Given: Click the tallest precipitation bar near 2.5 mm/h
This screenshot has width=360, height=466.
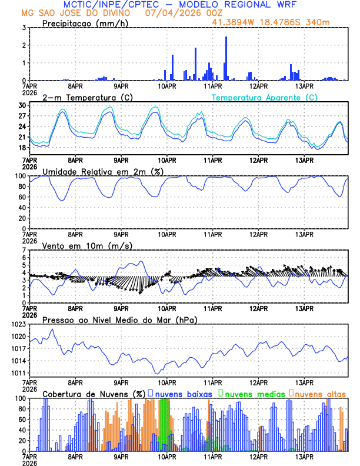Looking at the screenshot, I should click(x=226, y=59).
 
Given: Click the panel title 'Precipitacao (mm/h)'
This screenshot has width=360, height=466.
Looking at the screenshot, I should click(x=86, y=24).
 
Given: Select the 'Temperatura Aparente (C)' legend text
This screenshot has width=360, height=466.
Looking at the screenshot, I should click(x=264, y=97).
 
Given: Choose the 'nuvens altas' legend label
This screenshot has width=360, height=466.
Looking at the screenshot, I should click(x=320, y=394).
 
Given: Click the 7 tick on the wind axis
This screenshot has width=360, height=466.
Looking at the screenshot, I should click(x=25, y=250).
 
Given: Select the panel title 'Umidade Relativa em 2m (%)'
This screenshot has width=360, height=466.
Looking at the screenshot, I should click(x=103, y=171).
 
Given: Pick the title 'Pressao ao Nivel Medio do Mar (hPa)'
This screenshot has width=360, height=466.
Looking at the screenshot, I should click(x=120, y=319).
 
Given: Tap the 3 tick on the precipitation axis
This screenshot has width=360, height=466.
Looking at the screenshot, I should click(x=25, y=28).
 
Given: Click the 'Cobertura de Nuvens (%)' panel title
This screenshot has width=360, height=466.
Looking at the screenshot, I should click(x=94, y=394).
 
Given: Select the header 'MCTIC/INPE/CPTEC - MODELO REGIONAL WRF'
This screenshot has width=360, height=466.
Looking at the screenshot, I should click(x=180, y=4).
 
